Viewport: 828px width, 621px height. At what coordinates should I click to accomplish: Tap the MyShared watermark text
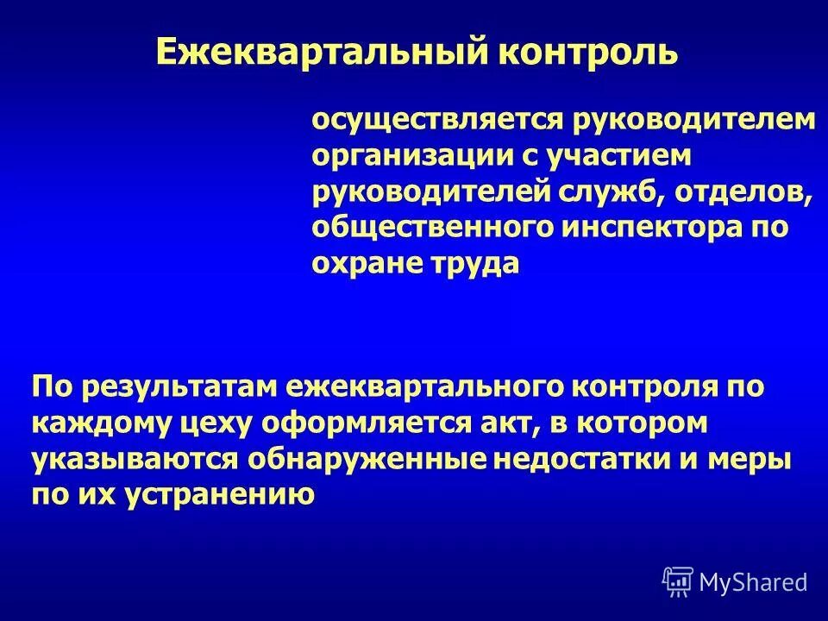click(x=753, y=583)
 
